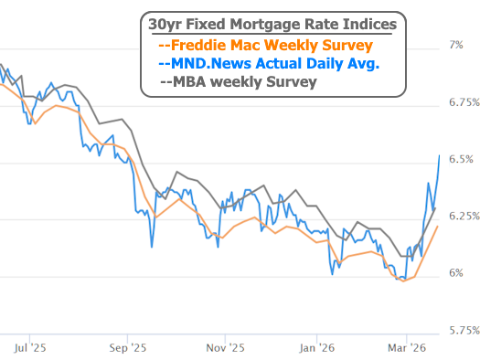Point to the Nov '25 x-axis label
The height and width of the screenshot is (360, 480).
click(x=226, y=347)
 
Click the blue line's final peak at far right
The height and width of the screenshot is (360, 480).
click(x=440, y=155)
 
